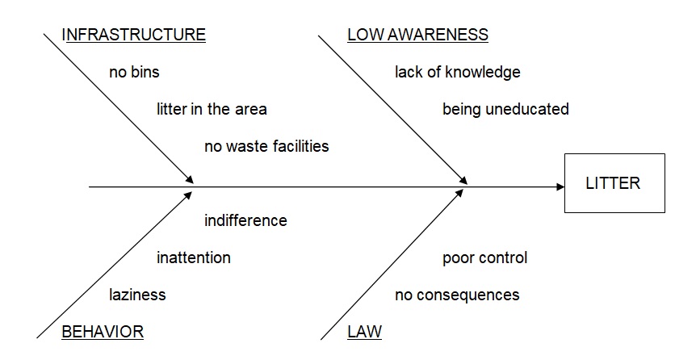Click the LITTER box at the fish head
coord(614,183)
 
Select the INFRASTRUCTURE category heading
coord(133,35)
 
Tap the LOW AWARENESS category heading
coord(417,35)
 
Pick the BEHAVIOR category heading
coord(103,331)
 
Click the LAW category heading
coord(364,331)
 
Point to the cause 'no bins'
coord(134,72)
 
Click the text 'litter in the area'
coord(212,109)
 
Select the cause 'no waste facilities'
coord(266,146)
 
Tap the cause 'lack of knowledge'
coord(457,72)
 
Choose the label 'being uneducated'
coord(505,109)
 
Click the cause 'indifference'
coord(245,220)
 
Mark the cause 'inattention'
coord(193,257)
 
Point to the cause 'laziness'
coord(137,295)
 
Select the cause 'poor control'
coord(484,257)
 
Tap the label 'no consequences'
coord(457,295)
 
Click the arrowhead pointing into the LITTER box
coord(560,187)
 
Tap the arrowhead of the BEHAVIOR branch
coord(190,192)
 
